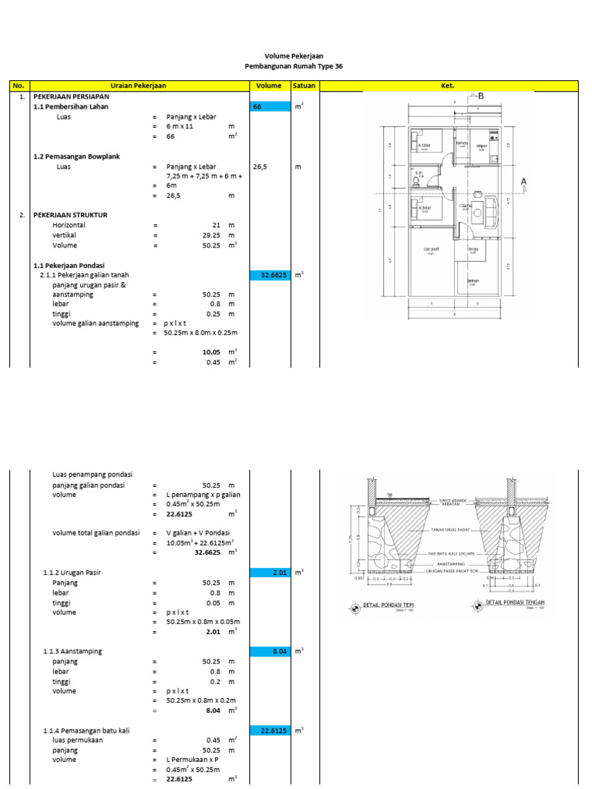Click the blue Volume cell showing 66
coord(269,107)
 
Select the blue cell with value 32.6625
coord(269,275)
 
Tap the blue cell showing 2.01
coord(269,572)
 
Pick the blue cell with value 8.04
coord(269,652)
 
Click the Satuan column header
coord(304,86)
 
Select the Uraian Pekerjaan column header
coord(139,86)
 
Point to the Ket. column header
coord(448,86)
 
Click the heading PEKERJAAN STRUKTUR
coord(70,215)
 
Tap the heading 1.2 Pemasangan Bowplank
coord(76,156)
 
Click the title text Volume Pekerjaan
coord(293,56)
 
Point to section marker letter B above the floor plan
coord(481,96)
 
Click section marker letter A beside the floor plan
coord(524,182)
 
